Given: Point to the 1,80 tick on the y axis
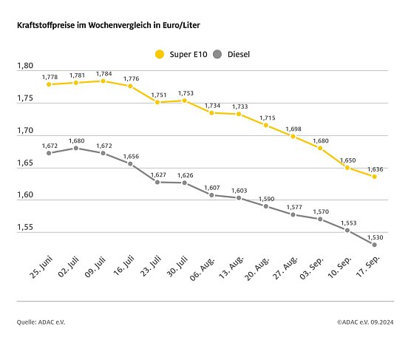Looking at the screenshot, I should tap(24, 67).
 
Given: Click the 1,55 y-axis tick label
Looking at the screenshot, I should tap(24, 228).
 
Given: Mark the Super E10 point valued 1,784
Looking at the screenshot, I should tap(103, 81).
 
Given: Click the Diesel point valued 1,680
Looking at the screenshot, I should tap(76, 148).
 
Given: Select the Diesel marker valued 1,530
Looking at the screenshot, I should tap(375, 245).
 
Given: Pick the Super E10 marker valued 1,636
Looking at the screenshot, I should tap(375, 176).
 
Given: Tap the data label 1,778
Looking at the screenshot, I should tap(50, 77).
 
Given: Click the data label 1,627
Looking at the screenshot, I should tap(158, 174).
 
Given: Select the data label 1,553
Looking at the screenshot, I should tap(347, 223).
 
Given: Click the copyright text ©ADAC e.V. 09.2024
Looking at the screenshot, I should tap(364, 322).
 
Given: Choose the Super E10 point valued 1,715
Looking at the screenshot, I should tap(266, 125).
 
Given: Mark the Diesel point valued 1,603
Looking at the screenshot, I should tap(239, 198).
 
